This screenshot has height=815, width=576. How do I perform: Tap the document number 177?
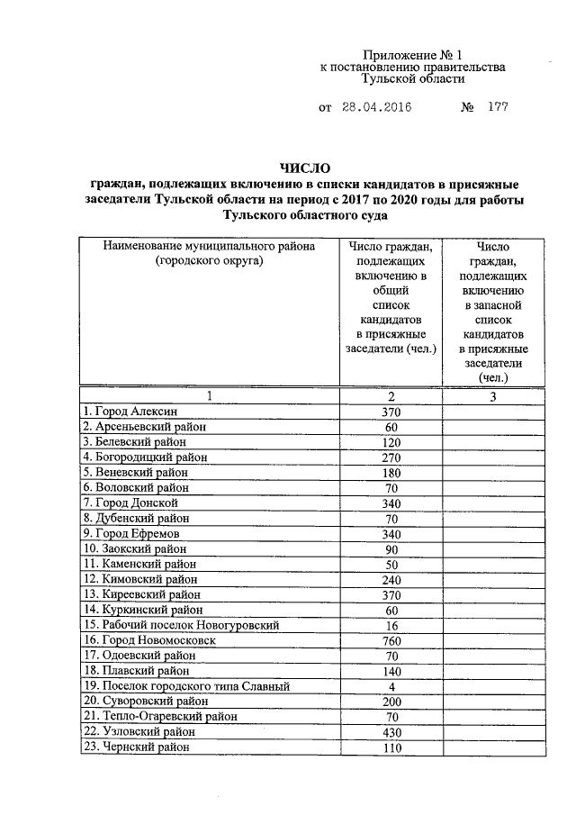tap(499, 108)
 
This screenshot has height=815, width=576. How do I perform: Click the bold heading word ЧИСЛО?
tap(305, 168)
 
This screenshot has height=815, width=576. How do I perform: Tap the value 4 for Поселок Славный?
tap(391, 686)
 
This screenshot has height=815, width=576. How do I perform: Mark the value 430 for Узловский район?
tap(391, 732)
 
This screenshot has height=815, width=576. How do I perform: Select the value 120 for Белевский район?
tap(391, 441)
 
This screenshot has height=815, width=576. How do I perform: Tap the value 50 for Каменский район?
tap(391, 564)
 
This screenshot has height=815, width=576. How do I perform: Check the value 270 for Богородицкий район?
tap(391, 457)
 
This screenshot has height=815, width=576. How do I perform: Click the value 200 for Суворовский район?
tap(391, 702)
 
